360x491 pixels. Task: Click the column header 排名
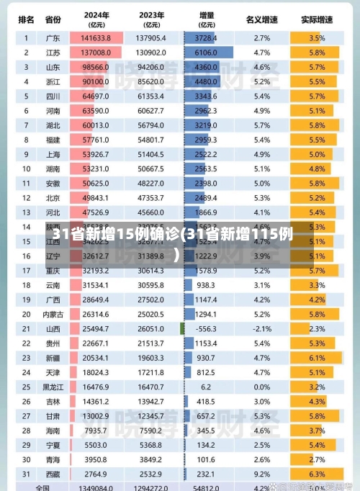click(26, 19)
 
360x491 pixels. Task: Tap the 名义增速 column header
click(261, 19)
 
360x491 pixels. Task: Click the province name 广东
click(53, 37)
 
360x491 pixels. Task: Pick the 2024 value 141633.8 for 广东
click(95, 37)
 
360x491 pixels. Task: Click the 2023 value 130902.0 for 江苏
click(150, 53)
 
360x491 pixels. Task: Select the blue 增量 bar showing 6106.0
click(208, 53)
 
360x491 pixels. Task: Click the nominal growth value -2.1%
click(261, 328)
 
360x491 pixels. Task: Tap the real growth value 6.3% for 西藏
click(317, 475)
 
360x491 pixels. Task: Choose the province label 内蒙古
click(53, 314)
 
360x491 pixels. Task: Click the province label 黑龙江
click(53, 387)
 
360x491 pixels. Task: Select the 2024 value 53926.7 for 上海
click(95, 154)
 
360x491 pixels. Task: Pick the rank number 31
click(26, 475)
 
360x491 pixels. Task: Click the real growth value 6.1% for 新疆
click(317, 358)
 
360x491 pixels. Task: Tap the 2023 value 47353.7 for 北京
click(150, 198)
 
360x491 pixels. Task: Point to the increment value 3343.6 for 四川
click(205, 96)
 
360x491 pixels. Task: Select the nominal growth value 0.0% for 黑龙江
click(261, 387)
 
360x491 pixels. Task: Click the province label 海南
click(53, 431)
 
